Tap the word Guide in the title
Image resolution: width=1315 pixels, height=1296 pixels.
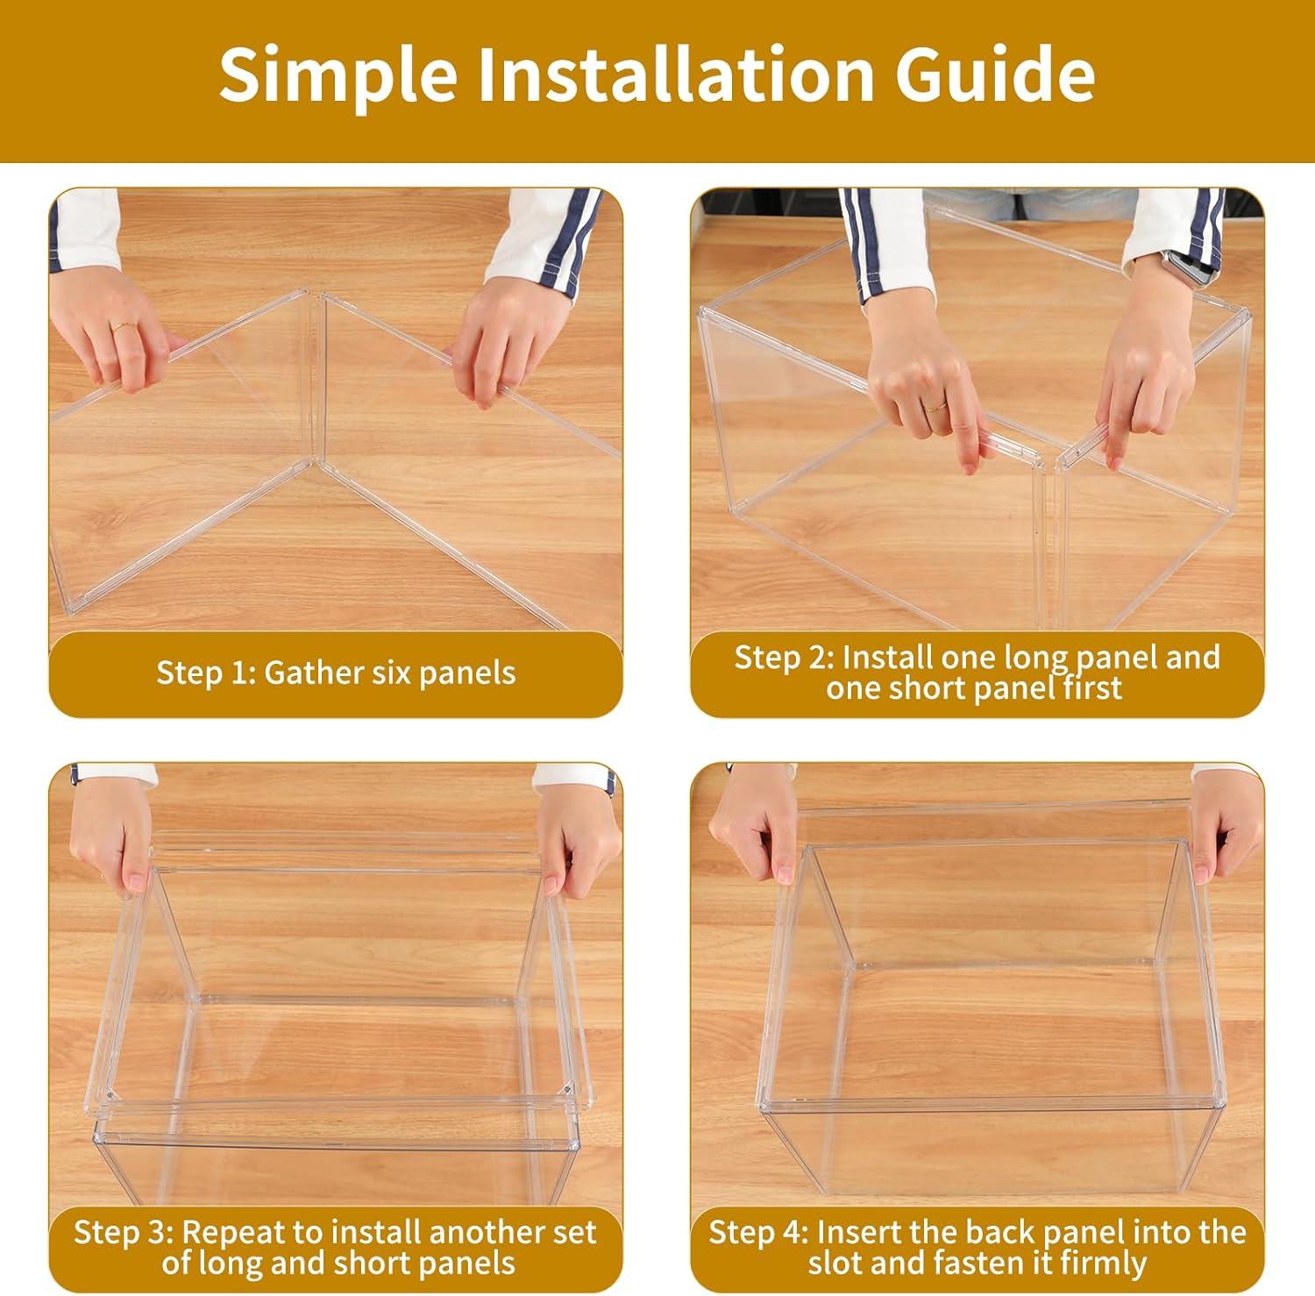tap(995, 74)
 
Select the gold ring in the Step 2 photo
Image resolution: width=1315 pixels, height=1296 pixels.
tap(936, 406)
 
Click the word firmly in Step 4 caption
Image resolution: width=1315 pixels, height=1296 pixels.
tap(1103, 1263)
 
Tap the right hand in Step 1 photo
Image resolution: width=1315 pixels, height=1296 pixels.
tap(513, 342)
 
